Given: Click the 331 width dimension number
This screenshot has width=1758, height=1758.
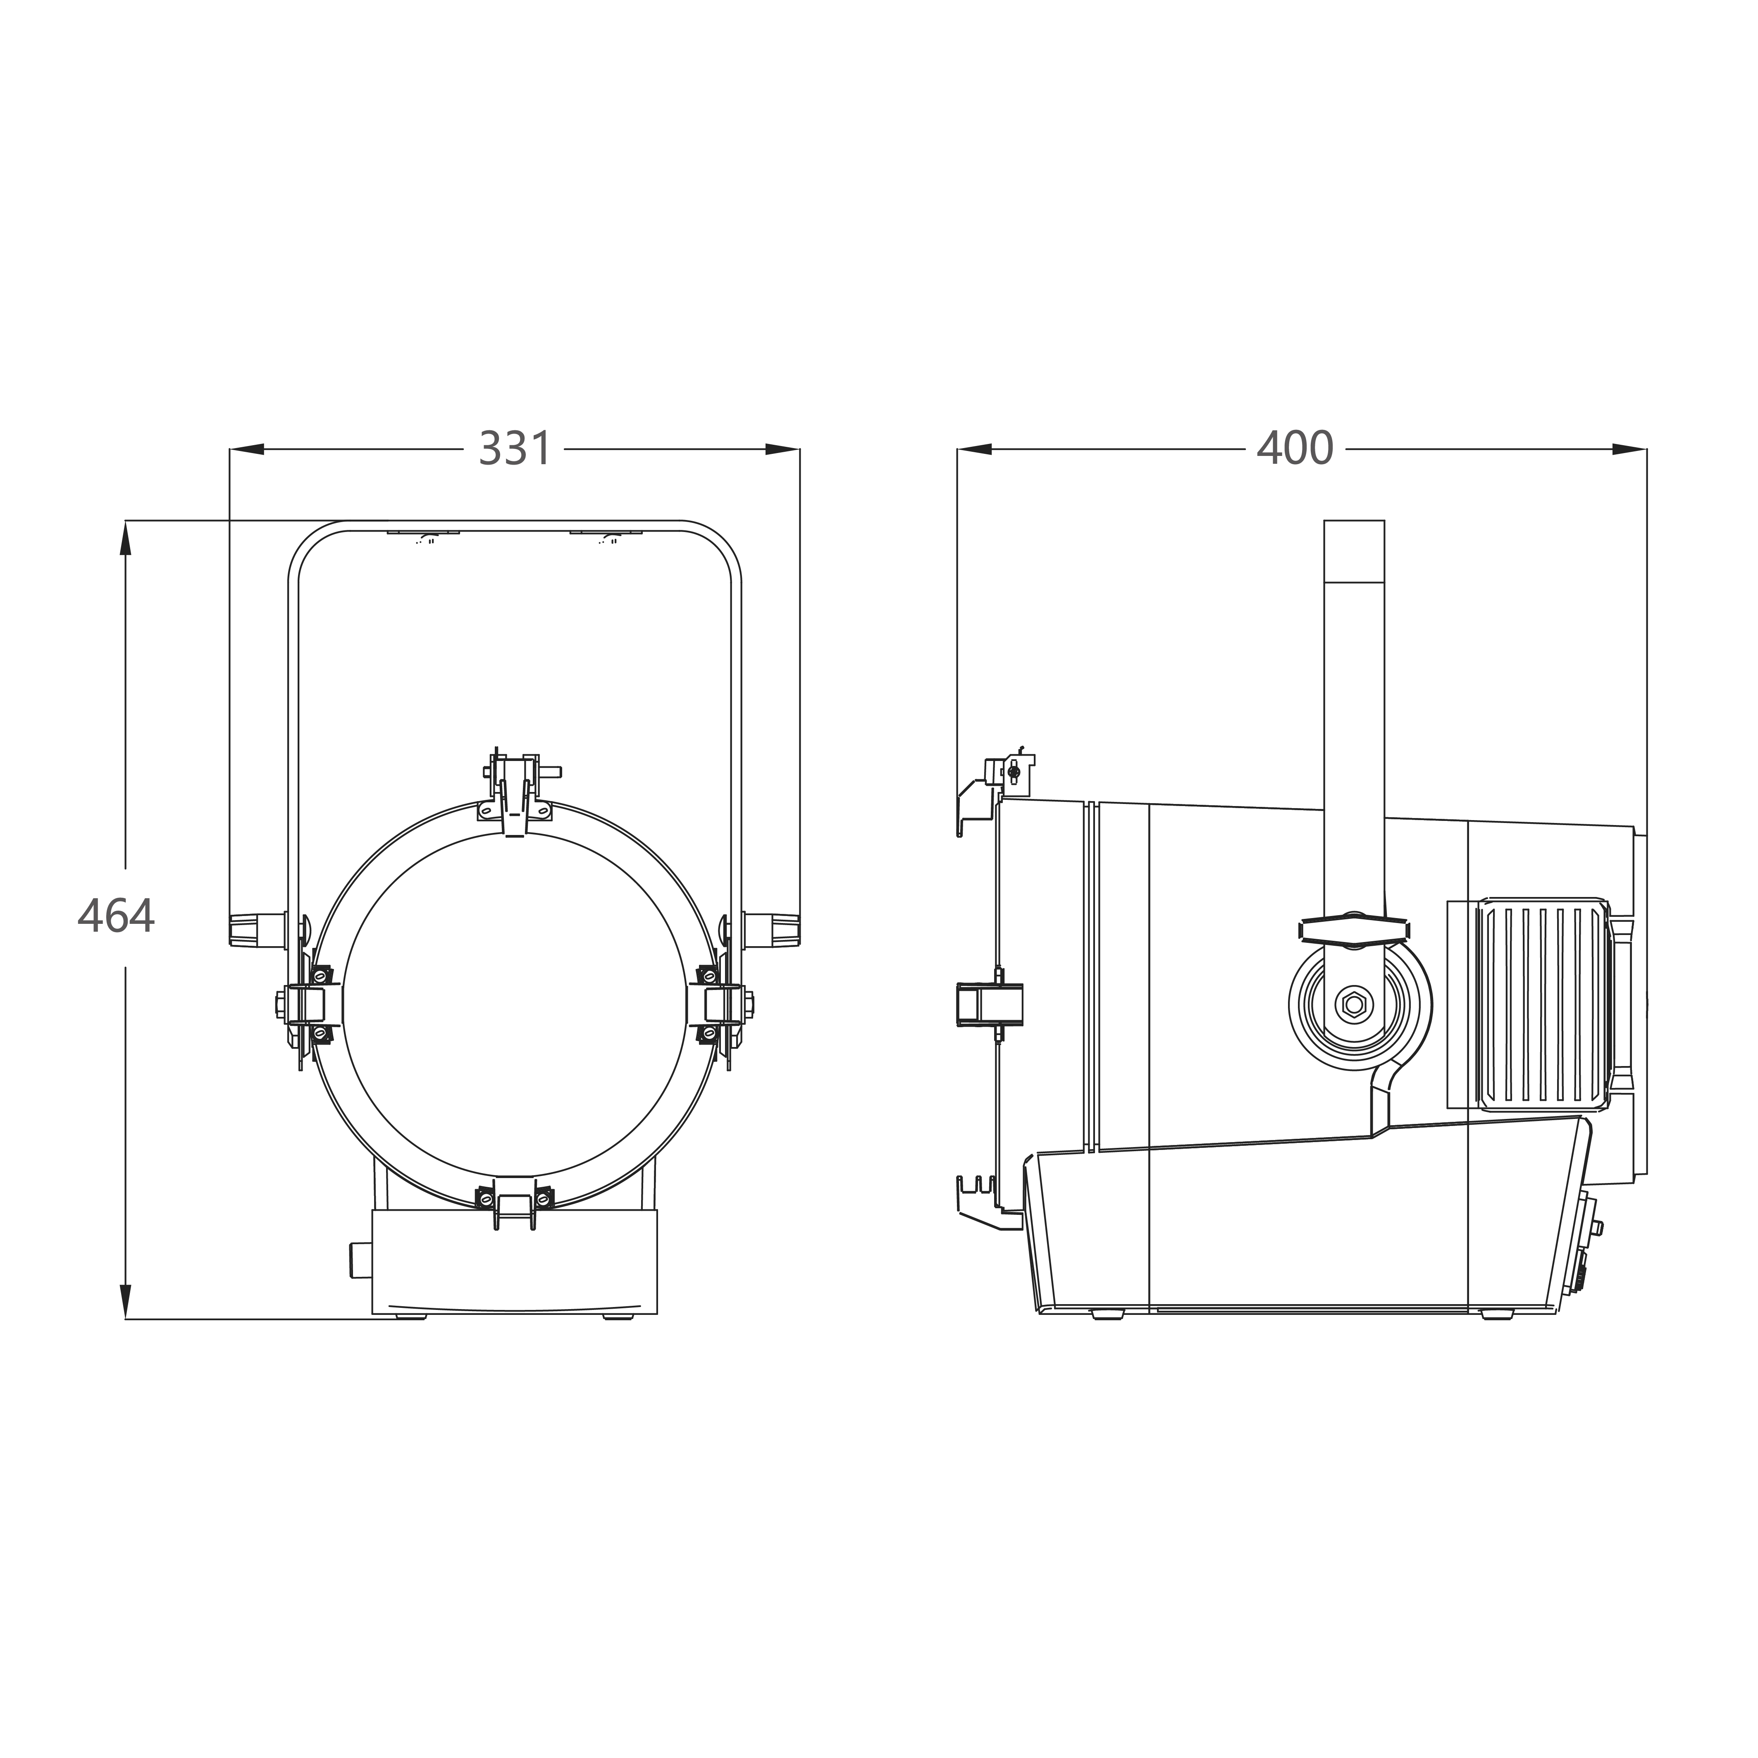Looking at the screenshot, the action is tap(515, 448).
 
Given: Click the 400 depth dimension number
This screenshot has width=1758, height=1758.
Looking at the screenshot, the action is tap(1295, 448).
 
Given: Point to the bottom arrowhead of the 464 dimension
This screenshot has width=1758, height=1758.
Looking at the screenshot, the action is tap(126, 1301).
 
